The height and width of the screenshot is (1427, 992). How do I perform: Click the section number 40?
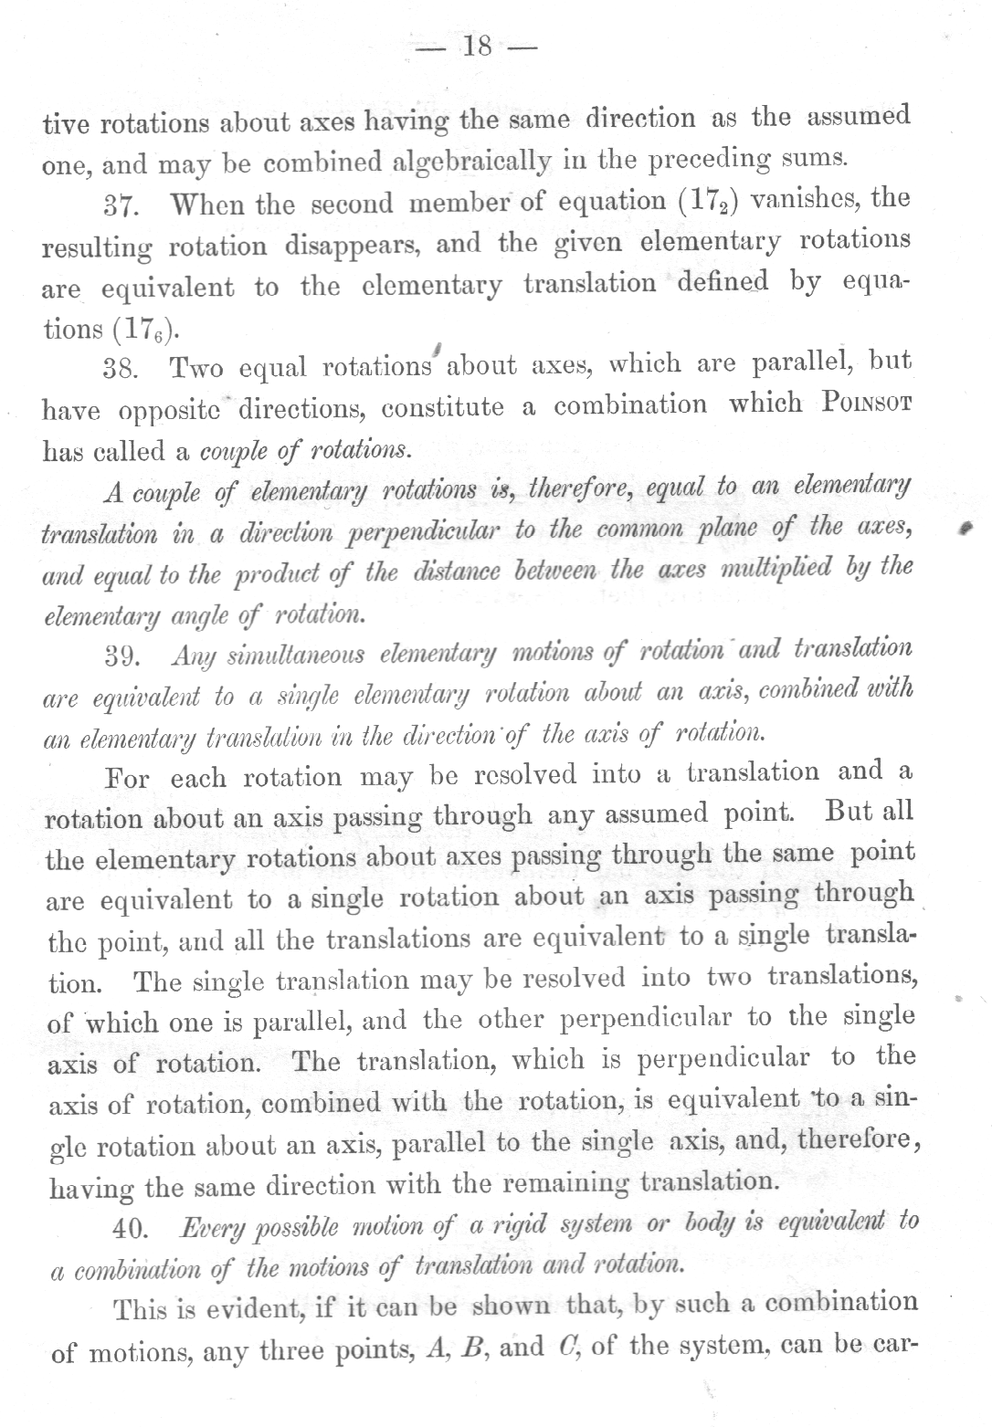point(129,1229)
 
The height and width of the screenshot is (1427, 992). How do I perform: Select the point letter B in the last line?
point(472,1348)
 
